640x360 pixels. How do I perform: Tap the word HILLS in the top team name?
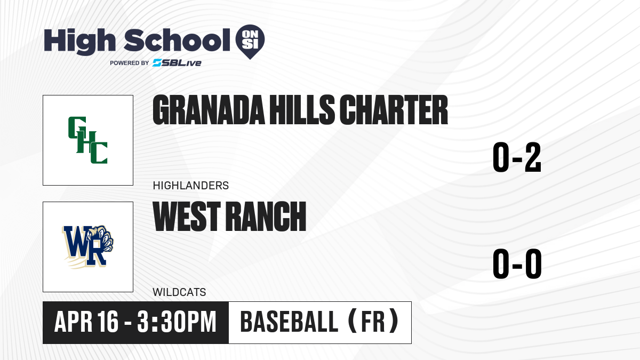302,110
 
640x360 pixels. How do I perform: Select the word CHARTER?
394,110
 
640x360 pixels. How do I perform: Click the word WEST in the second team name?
187,216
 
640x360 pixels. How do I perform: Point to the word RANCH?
266,216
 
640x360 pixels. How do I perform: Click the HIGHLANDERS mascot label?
191,186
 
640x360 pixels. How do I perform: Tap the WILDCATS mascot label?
179,292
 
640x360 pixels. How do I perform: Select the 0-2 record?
517,157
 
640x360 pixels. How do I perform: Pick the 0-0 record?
517,263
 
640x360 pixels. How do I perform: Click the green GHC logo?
87,140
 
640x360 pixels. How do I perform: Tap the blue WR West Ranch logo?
88,247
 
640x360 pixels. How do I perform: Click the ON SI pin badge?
250,42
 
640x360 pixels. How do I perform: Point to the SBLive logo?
177,63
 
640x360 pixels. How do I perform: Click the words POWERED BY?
130,63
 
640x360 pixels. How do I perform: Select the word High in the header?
79,42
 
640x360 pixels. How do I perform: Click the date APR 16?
86,322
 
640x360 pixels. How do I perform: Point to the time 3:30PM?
177,322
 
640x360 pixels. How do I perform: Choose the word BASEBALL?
290,322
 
